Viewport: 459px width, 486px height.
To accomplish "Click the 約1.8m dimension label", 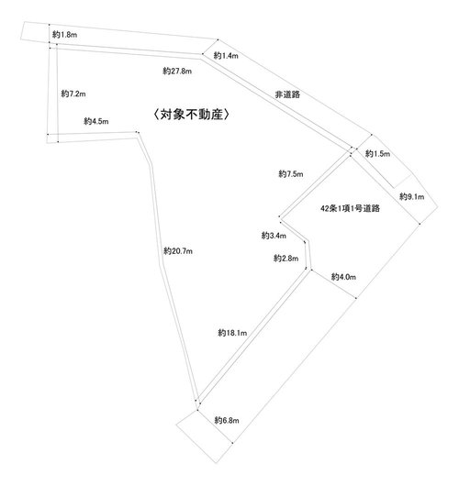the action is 64,35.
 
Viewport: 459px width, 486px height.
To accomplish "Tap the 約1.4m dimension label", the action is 226,56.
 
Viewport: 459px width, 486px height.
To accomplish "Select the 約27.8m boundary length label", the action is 177,71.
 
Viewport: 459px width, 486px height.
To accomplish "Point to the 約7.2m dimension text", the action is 73,94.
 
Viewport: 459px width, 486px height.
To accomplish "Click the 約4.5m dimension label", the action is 96,121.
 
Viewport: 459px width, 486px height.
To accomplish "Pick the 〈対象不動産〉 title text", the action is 192,115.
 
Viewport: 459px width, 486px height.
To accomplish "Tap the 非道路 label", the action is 287,94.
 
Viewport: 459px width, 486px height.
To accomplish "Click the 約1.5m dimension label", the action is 377,153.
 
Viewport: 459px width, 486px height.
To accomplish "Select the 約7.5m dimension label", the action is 291,174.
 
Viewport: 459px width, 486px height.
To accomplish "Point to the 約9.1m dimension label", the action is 412,196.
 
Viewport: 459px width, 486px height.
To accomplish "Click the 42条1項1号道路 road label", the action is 350,208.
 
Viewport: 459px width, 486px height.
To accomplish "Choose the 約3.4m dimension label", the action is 274,236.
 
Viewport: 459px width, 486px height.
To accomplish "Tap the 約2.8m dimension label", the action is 285,258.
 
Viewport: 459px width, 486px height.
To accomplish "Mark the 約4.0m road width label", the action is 343,277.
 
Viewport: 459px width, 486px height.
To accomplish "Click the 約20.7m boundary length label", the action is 178,250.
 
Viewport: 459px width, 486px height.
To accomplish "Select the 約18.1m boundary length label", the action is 232,333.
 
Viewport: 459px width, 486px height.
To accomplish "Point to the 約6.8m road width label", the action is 227,420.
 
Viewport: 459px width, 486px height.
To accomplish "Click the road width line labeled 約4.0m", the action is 333,284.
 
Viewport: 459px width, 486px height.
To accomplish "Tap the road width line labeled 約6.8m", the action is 215,426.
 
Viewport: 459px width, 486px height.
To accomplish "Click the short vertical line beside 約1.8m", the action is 50,33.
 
